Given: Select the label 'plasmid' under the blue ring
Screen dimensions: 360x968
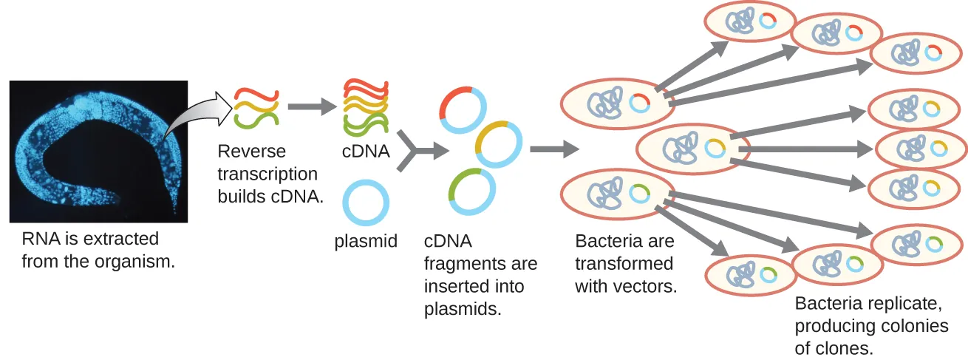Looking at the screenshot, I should [366, 241].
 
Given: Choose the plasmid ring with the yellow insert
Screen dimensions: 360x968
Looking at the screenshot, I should [499, 144].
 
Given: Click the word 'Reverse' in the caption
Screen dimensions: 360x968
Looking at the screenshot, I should [251, 152].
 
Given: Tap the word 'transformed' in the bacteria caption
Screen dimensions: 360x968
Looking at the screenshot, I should [624, 264].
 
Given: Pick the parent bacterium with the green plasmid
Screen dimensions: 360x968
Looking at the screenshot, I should [617, 194].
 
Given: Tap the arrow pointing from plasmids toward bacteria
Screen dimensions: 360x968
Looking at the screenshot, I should [554, 150].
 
